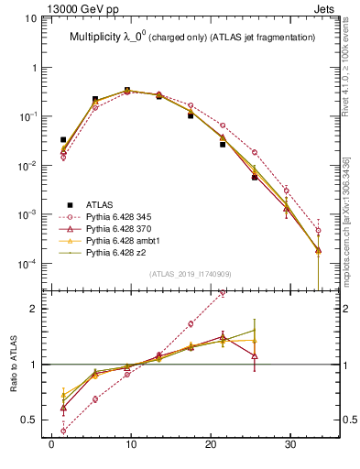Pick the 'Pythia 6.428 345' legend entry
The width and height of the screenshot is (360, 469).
coord(118,216)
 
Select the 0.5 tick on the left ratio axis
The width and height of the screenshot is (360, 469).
coord(29,420)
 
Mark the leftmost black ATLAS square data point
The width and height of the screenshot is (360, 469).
coord(63,140)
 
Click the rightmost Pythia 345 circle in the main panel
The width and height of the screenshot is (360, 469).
coord(318,231)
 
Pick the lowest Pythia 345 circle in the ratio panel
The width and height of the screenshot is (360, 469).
coord(63,431)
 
